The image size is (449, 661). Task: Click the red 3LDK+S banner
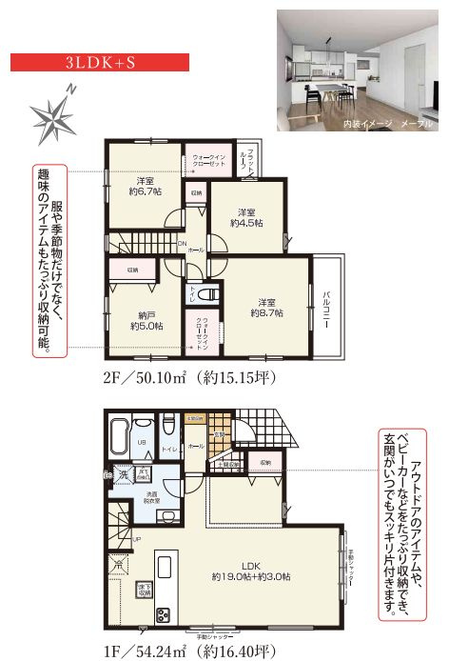[99, 63]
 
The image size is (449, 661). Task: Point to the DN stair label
[183, 243]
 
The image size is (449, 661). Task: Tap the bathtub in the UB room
[118, 439]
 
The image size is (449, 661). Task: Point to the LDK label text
[251, 563]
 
